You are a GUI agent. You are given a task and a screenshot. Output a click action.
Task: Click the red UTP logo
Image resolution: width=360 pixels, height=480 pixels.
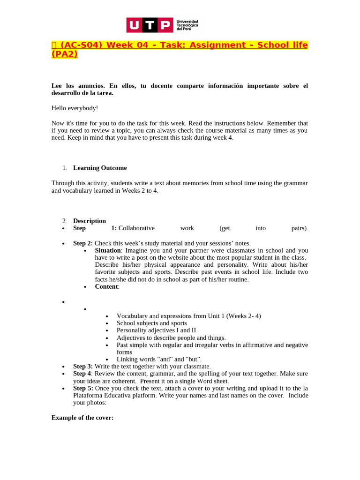click(x=150, y=25)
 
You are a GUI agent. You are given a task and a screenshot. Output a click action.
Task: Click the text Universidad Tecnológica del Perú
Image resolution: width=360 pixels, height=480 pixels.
click(x=187, y=25)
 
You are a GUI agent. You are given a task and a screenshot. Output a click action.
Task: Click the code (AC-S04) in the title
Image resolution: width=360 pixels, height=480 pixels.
click(x=82, y=45)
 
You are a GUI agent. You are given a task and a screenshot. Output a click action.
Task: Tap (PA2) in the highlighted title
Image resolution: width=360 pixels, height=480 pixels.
click(x=64, y=54)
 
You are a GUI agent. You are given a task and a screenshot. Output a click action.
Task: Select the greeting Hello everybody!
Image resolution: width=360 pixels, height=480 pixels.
click(x=75, y=108)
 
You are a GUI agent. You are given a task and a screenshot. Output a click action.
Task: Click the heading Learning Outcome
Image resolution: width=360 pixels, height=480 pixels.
click(x=100, y=168)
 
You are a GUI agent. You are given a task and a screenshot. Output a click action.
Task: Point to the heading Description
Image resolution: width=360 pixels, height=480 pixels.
click(x=90, y=221)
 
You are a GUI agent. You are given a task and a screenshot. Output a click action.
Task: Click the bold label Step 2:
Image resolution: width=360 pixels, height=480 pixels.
click(x=83, y=243)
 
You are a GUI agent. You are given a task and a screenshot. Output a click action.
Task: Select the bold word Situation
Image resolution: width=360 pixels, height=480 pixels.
click(x=107, y=250)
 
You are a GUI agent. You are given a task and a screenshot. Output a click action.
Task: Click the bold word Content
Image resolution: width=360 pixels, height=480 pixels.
click(x=106, y=286)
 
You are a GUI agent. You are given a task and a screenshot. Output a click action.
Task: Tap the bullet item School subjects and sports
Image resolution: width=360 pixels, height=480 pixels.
click(x=151, y=323)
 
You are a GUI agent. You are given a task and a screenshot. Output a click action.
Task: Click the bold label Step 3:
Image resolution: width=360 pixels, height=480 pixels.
click(x=83, y=366)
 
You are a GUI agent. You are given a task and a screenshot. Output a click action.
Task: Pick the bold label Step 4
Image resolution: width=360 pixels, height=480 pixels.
click(x=82, y=374)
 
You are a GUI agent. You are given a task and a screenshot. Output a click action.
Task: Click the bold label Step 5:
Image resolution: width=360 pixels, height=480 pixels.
click(x=83, y=388)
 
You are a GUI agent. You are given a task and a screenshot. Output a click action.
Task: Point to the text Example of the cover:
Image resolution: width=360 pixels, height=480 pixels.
click(x=82, y=417)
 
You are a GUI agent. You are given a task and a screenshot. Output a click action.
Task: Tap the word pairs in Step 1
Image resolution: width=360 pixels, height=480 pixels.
click(x=299, y=228)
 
